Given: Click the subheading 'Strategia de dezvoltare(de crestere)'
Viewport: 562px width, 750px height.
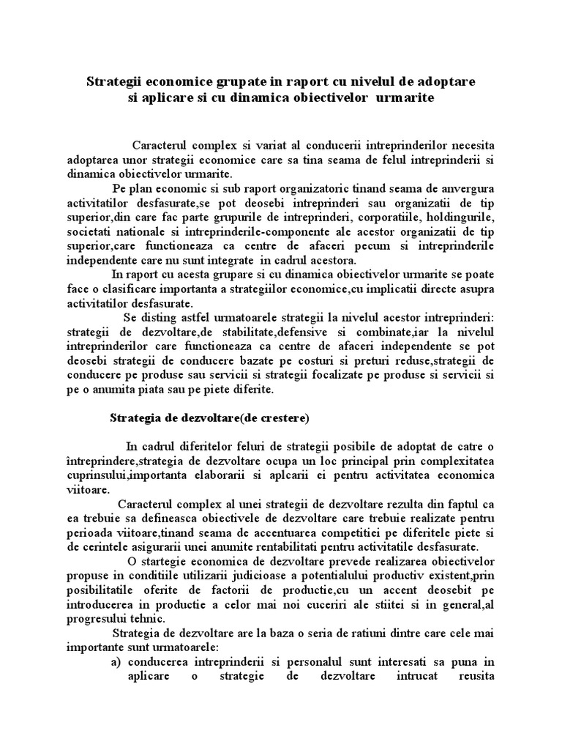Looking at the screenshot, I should tap(209, 419).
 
